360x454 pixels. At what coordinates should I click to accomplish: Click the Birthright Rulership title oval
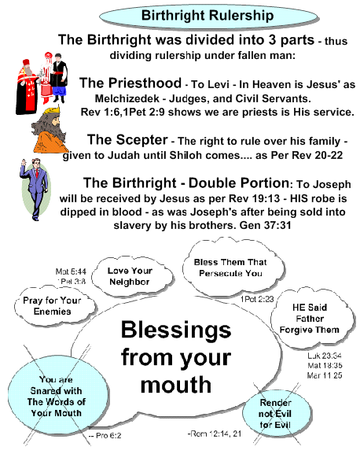pos(208,16)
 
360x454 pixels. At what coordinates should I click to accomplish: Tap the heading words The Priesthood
pos(130,83)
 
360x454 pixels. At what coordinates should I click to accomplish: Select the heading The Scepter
pos(127,140)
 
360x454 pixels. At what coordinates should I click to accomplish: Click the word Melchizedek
pos(127,98)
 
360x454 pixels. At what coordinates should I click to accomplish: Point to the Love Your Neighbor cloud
pos(133,276)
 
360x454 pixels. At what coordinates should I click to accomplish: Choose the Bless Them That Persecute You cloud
pos(233,268)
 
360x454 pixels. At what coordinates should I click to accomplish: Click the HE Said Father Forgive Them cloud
pos(312,319)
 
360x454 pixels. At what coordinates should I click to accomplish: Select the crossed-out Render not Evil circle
pos(277,413)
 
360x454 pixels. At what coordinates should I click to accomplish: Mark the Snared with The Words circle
pos(58,396)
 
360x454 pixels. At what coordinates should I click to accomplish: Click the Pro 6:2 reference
pos(105,435)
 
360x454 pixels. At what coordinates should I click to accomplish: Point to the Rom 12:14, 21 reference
pos(215,434)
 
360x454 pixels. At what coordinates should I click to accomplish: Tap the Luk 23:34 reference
pos(325,356)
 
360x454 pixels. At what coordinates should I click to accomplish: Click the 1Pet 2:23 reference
pos(257,299)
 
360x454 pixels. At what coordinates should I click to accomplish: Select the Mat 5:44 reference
pos(71,271)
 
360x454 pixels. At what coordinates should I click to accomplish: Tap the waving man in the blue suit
pos(35,190)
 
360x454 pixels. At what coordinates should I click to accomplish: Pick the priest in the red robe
pos(27,87)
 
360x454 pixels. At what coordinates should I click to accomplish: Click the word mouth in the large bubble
pos(176,385)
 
